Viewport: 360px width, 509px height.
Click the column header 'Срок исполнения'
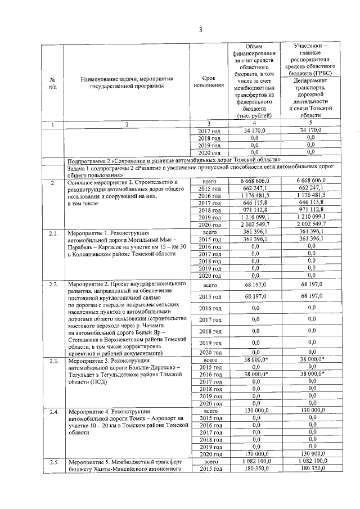click(208, 84)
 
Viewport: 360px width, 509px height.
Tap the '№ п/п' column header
click(52, 84)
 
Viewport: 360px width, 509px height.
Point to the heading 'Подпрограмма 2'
click(93, 160)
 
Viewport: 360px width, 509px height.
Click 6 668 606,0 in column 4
click(254, 181)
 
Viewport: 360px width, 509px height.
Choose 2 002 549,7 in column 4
click(254, 224)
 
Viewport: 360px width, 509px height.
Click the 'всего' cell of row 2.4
click(208, 411)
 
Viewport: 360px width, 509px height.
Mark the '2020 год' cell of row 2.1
click(208, 276)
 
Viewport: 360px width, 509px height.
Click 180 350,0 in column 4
click(254, 469)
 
